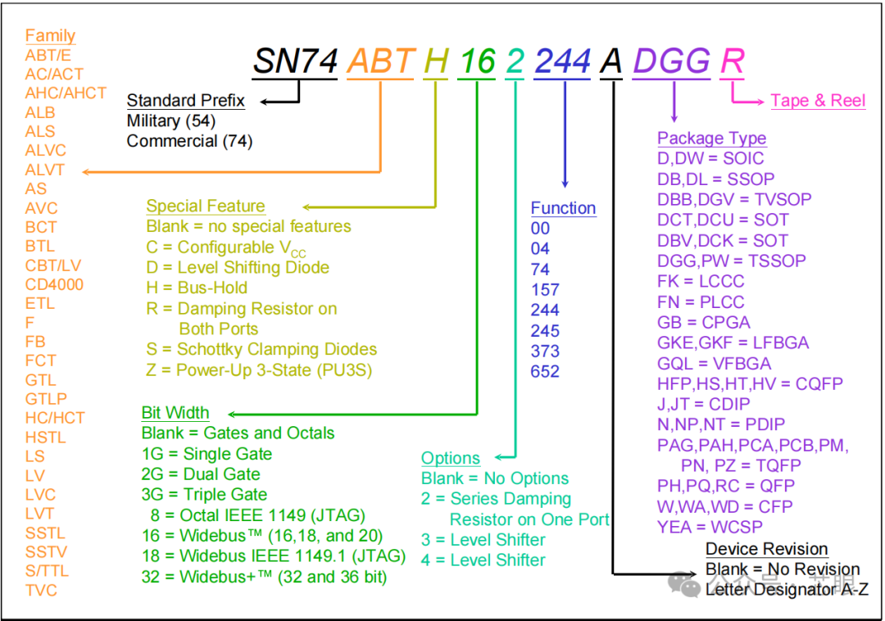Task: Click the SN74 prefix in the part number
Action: [294, 61]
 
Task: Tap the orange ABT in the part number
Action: [380, 61]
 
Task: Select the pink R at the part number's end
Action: [732, 61]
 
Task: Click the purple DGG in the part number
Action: [671, 61]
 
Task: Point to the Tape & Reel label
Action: [818, 101]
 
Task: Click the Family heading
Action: [50, 35]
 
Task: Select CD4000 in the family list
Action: [54, 284]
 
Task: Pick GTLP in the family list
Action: [46, 399]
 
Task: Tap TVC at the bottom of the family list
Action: [41, 590]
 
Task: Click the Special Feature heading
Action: [206, 206]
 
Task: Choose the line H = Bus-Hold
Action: [197, 288]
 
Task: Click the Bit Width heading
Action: [175, 412]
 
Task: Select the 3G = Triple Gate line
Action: [205, 495]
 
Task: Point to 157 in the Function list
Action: [545, 289]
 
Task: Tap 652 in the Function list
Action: [545, 371]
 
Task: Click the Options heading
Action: [451, 458]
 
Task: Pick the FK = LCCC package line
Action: [701, 281]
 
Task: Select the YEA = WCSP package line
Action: [710, 527]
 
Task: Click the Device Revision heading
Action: [767, 549]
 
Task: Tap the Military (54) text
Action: [171, 121]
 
